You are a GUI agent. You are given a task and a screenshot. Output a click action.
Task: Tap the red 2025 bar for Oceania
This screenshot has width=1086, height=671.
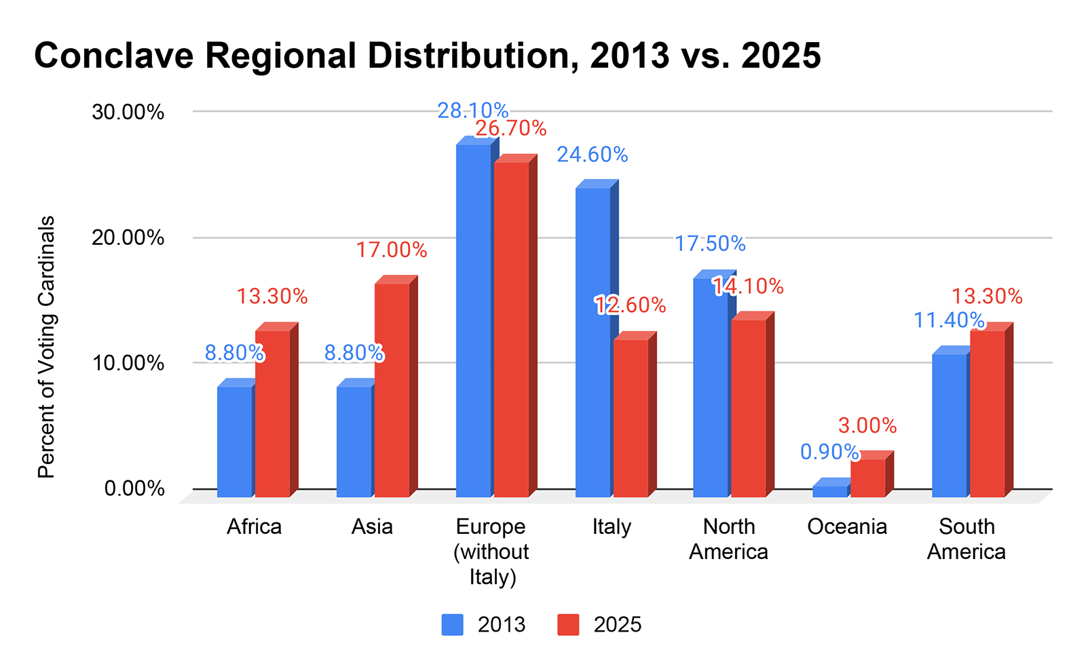point(867,478)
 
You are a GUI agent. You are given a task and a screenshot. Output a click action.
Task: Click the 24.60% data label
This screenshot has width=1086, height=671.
point(592,155)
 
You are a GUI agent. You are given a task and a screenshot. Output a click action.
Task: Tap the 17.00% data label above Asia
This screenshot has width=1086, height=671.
point(392,250)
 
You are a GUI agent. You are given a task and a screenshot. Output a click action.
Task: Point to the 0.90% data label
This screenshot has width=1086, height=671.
point(829,451)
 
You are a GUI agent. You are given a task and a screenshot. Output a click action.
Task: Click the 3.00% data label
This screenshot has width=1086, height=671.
point(867,425)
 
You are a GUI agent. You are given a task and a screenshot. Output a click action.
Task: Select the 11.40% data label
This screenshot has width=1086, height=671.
point(949,320)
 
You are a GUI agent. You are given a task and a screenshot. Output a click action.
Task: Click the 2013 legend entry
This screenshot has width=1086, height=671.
point(483,625)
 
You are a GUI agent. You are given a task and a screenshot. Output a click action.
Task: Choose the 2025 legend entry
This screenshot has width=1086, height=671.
point(599,625)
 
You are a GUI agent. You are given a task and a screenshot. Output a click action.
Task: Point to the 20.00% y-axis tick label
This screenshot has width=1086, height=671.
point(128,237)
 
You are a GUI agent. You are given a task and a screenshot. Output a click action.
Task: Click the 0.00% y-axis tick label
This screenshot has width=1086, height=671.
point(134,488)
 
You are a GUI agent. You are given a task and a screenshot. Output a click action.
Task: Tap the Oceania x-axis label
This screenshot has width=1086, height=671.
point(847,527)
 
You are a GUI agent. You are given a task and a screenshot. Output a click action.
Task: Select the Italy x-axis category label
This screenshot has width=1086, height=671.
point(612,527)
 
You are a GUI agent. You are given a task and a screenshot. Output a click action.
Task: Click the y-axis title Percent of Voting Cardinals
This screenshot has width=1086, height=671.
point(46,347)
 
